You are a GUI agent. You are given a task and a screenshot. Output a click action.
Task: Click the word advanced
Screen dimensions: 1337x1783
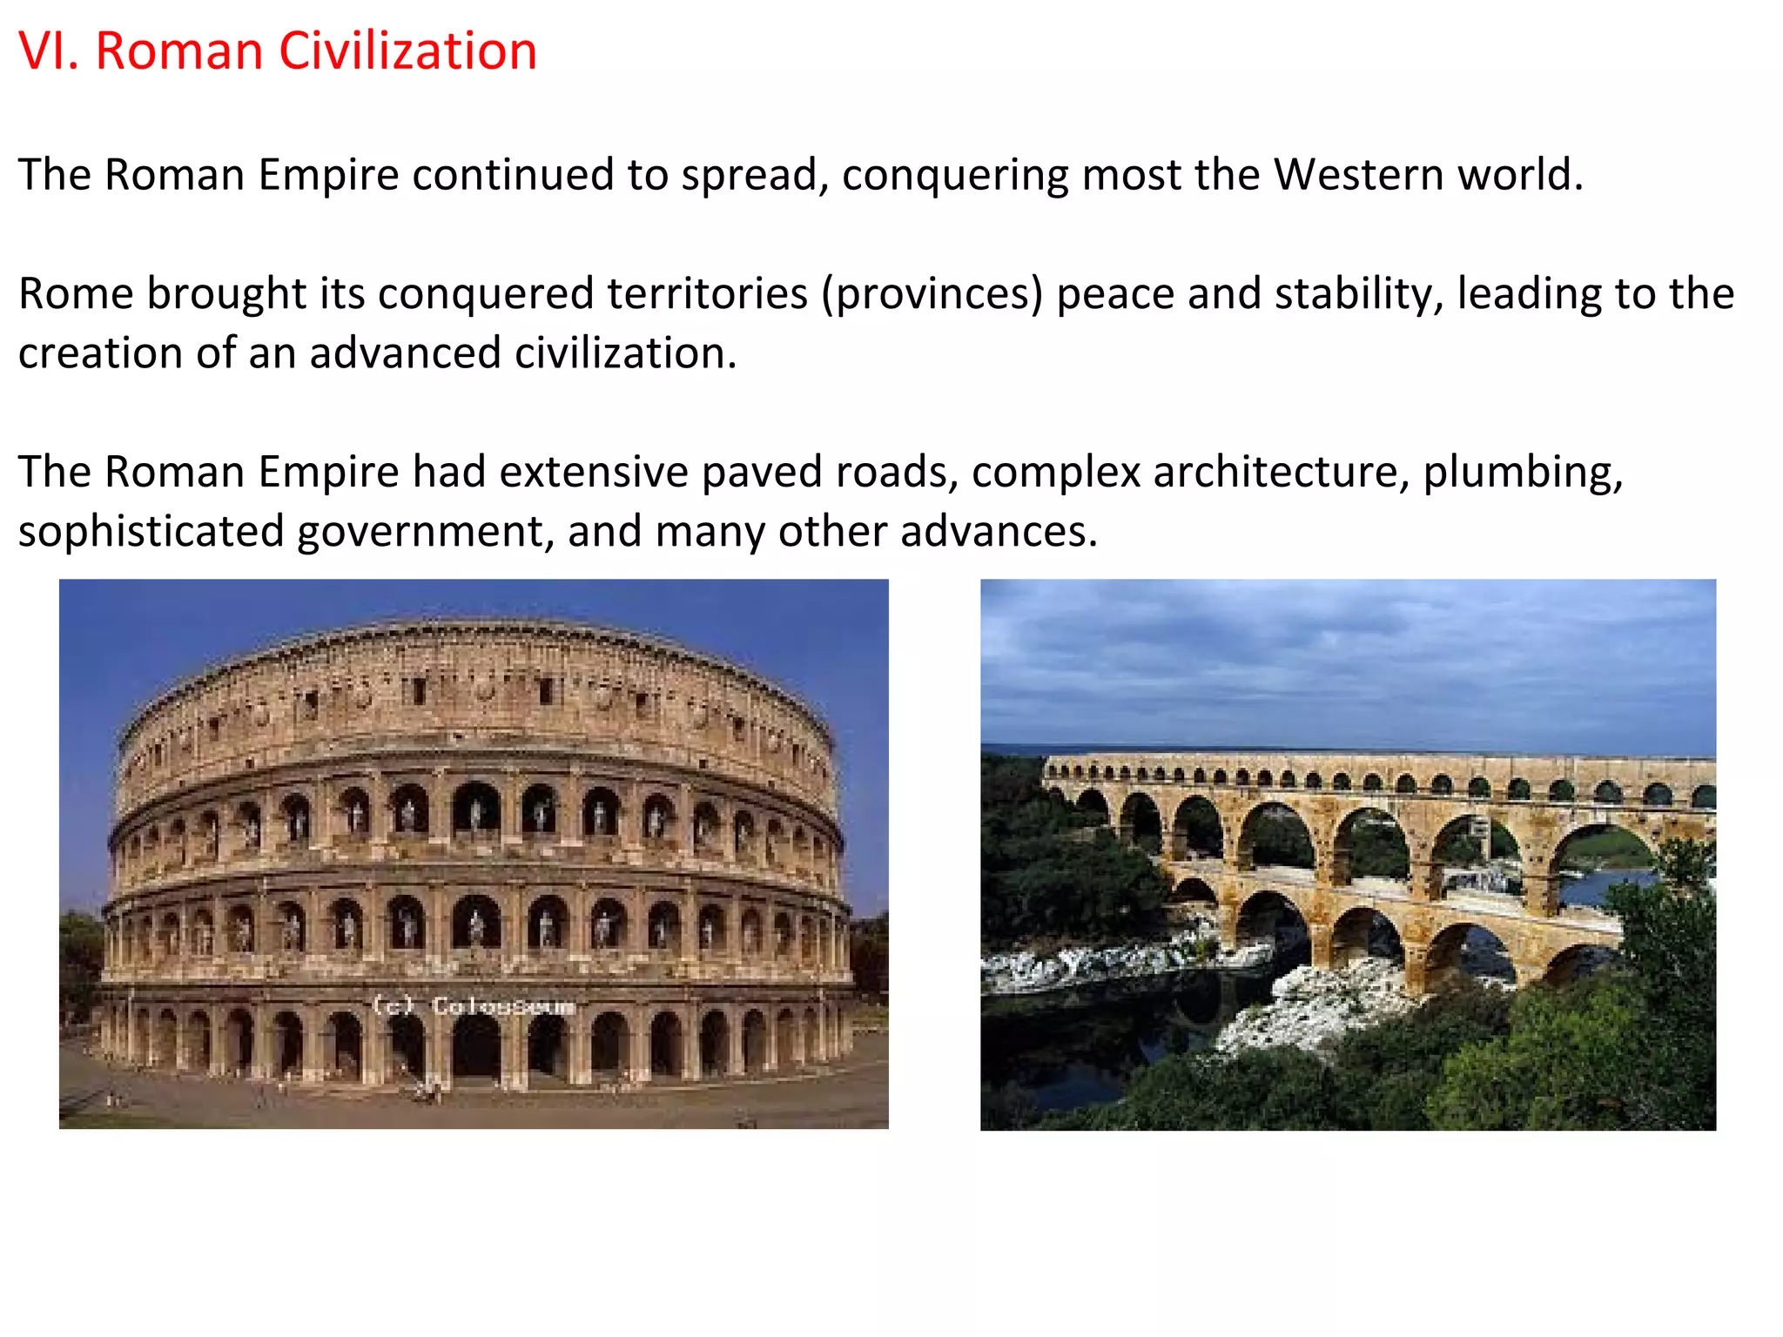[x=405, y=354]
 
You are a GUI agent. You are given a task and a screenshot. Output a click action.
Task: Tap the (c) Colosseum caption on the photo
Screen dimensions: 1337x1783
[x=474, y=1006]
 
